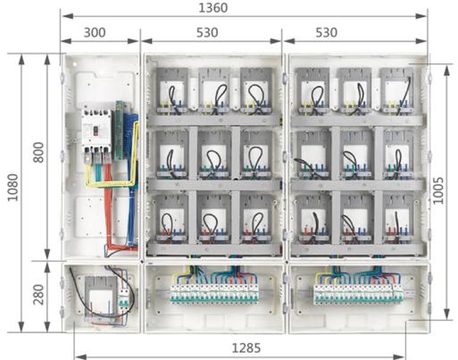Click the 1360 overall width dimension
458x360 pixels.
(213, 8)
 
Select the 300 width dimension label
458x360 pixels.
(95, 32)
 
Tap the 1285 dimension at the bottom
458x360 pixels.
(246, 347)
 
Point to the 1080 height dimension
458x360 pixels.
(12, 188)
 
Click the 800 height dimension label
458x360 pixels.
(38, 152)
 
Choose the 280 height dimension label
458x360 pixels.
(38, 295)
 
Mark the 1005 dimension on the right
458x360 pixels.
(437, 191)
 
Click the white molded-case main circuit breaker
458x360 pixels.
(96, 131)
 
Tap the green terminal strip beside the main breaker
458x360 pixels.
(120, 130)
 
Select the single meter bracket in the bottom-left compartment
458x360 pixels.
(101, 297)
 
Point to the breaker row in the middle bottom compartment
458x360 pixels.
(214, 293)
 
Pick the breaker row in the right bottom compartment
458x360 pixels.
(358, 294)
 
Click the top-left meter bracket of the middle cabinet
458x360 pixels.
(172, 91)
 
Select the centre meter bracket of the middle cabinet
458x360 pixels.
(214, 155)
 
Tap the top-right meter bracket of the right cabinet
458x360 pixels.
(397, 91)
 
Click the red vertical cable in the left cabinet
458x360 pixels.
(108, 208)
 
